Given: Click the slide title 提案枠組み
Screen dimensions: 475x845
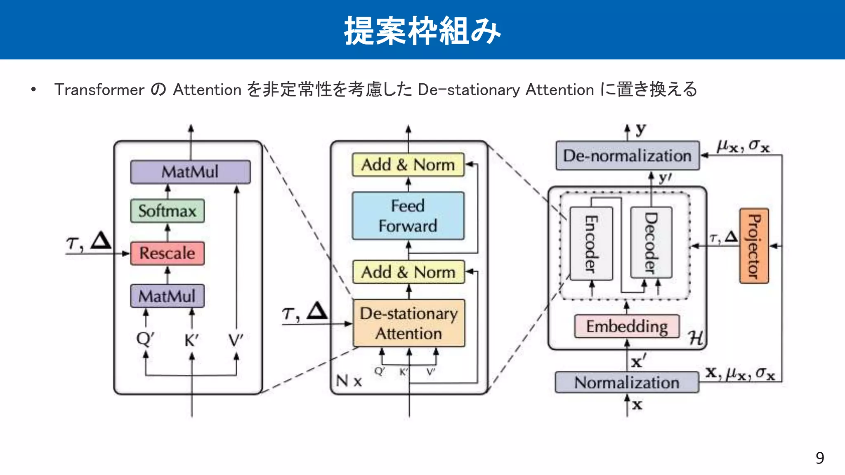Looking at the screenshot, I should coord(422,31).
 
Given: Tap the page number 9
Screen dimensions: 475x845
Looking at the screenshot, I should coord(819,458).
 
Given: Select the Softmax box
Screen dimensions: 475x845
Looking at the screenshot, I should coord(167,211).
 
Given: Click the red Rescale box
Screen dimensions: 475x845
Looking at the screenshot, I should coord(167,253).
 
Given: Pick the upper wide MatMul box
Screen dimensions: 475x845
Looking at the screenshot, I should coord(190,172).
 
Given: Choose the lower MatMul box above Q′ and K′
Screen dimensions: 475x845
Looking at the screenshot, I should coord(167,296).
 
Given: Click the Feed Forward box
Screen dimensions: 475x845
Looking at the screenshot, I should coord(408,216).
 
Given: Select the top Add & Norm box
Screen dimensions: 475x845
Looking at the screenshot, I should coord(408,165).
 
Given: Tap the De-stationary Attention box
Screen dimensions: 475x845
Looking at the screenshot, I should coord(409,323).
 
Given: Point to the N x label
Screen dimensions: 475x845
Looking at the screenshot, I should coord(349,381).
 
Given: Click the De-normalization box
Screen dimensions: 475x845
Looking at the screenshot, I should coord(627,156).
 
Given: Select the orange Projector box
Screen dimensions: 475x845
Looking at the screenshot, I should coord(754,246).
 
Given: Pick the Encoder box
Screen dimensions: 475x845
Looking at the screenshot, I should coord(591,243).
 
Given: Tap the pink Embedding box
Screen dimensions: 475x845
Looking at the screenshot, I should coord(627,326).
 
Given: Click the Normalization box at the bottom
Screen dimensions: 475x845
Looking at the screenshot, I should coord(627,383).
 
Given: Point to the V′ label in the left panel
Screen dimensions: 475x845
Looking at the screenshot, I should coord(236,341).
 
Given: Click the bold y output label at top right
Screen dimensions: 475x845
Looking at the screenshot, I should coord(640,129).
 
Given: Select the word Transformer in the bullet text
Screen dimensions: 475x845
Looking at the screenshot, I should coord(99,89).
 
